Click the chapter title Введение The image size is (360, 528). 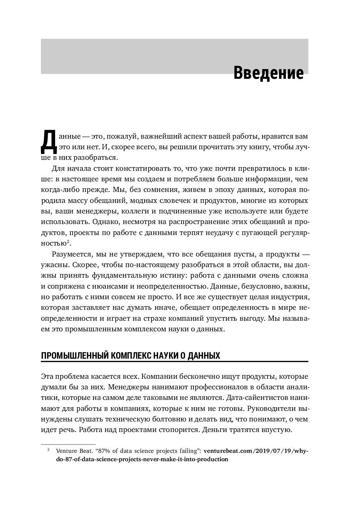click(268, 73)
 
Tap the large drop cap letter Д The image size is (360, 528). click(48, 142)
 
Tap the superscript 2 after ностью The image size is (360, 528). click(68, 241)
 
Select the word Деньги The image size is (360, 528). click(216, 429)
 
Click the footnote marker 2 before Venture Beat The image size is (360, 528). click(48, 450)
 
